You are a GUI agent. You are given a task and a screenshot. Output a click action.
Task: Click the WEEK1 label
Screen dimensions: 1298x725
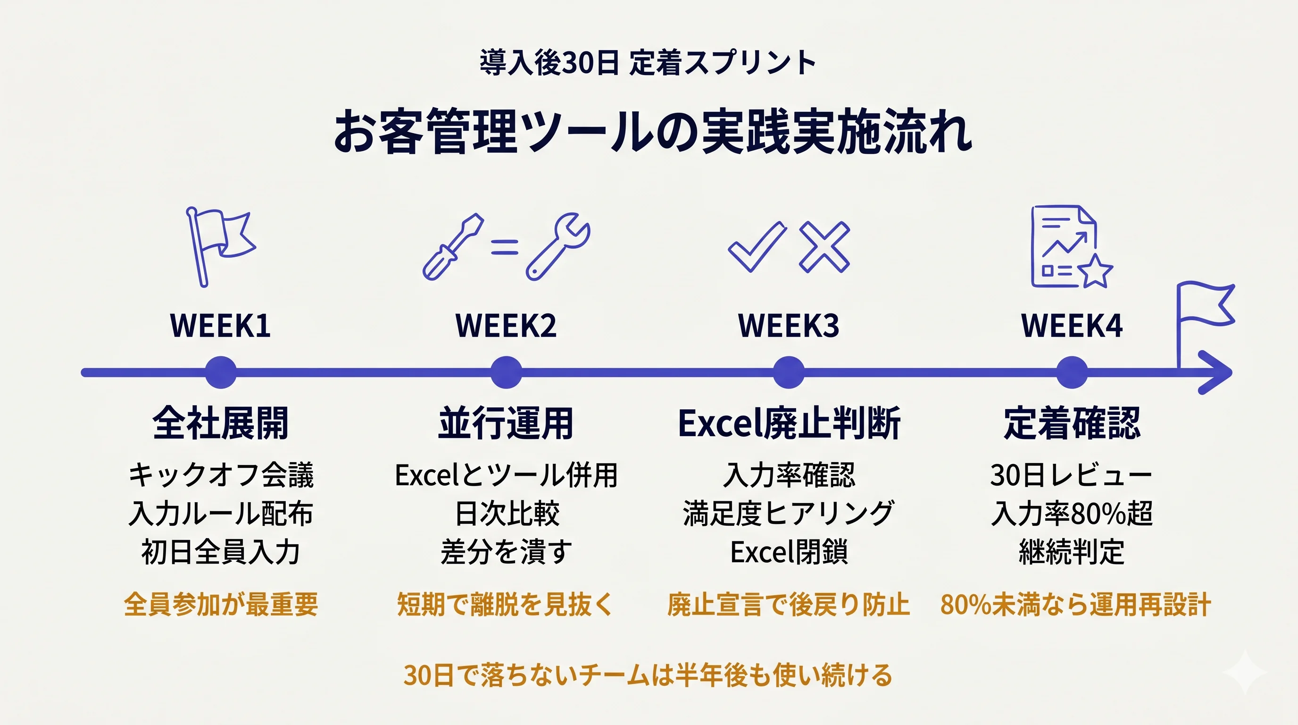pos(220,326)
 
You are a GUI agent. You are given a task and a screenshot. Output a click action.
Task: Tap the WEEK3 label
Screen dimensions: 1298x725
pos(789,326)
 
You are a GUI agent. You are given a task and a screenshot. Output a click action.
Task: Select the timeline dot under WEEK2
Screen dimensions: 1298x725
pos(506,372)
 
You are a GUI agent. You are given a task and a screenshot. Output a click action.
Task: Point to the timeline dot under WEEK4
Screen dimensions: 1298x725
pos(1072,372)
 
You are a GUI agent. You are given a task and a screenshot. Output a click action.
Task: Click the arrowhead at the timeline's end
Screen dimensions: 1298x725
pos(1217,372)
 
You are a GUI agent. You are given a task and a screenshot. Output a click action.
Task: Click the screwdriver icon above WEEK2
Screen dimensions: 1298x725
pos(453,246)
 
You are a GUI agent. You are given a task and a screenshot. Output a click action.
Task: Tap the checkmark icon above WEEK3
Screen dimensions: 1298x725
pos(757,246)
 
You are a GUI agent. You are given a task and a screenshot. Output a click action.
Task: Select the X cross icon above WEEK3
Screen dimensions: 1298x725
pos(824,247)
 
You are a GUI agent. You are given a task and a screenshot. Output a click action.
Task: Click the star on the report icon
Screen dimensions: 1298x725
pos(1096,271)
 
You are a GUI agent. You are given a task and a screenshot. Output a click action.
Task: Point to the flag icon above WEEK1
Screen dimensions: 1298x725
pos(220,246)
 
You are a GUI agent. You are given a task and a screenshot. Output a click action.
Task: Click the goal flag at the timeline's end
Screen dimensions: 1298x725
pos(1204,323)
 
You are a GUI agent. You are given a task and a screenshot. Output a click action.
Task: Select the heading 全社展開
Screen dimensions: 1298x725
pos(220,423)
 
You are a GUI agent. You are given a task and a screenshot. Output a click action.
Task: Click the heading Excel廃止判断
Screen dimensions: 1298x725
pos(789,423)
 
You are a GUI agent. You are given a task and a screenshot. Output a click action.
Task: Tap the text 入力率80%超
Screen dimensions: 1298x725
pos(1072,513)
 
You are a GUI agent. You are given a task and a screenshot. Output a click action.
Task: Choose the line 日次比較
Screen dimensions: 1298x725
pos(507,513)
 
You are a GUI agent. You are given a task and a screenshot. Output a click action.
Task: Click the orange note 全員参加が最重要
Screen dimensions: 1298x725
pos(221,604)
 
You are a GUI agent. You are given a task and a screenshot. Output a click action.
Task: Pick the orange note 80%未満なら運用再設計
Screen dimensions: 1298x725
pos(1075,604)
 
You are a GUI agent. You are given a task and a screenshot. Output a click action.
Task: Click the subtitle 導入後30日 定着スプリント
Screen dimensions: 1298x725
pos(648,62)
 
